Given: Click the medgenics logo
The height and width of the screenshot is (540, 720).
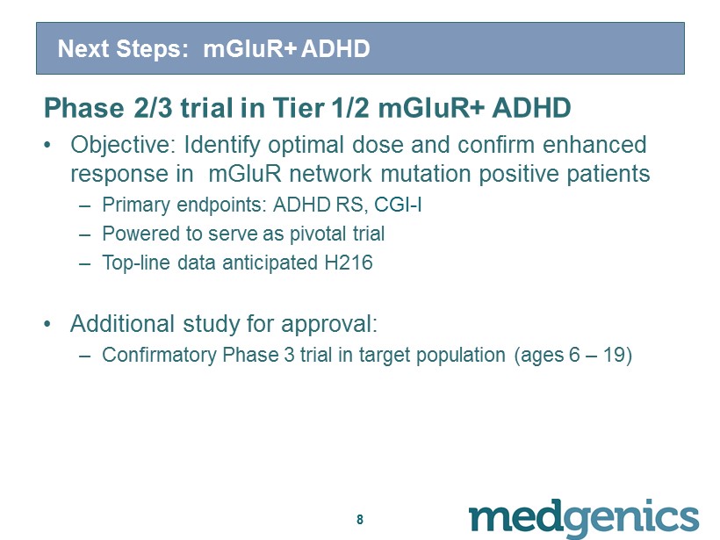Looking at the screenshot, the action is pos(584,518).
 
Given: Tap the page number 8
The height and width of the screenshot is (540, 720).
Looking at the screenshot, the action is pos(360,519).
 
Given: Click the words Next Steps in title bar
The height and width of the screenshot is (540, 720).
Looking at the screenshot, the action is pos(123,48).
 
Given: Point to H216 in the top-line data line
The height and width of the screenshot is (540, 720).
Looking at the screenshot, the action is pos(349,263).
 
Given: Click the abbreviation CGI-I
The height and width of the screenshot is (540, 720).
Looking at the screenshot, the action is pos(398,205).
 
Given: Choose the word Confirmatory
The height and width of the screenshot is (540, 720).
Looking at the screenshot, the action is pos(159,356).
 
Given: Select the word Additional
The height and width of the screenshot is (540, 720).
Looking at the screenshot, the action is pos(122,324).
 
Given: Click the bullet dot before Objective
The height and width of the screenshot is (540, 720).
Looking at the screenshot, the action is pos(47,146).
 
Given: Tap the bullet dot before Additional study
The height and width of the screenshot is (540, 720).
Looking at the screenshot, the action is pos(47,324).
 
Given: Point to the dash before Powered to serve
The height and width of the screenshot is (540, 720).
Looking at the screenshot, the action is pos(84,234).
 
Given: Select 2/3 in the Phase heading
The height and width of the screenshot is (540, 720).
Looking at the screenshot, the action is pos(154,108).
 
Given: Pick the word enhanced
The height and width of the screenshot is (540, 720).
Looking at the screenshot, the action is pos(594,145).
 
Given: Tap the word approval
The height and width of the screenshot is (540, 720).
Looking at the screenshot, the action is pos(329,325).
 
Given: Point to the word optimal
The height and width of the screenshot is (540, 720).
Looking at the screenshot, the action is pos(306,146).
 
